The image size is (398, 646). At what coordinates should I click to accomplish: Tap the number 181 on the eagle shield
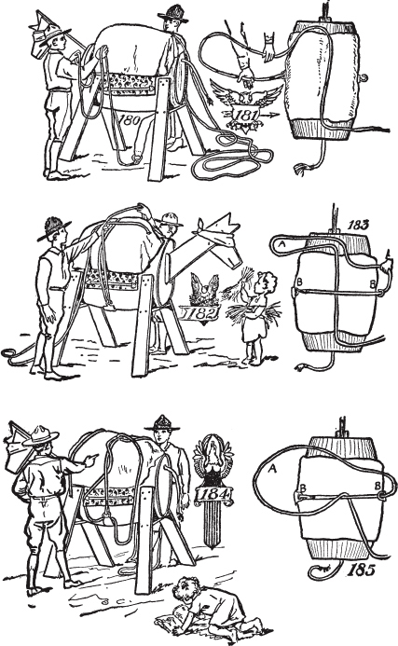coord(245,114)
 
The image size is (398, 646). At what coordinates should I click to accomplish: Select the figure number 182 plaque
coord(200,314)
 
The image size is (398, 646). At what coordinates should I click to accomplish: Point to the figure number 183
coord(357,225)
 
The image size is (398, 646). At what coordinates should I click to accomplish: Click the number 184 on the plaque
coord(213,493)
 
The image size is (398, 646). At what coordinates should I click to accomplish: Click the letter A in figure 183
coord(282,244)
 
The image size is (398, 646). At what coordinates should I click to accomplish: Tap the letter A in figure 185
coord(272,468)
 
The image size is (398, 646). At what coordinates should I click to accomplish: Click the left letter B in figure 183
coord(299,282)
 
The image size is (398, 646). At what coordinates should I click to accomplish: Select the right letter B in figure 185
coord(377,487)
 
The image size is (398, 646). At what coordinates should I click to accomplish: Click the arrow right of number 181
coord(269,116)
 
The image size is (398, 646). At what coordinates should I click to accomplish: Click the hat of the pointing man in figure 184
coord(39,435)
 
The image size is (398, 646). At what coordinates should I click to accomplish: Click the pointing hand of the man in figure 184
coord(90,459)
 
